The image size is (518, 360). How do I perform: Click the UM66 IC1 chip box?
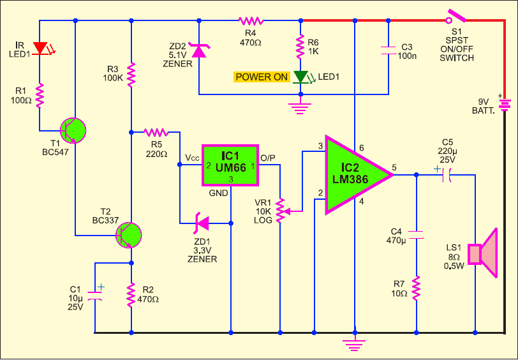pyautogui.click(x=230, y=165)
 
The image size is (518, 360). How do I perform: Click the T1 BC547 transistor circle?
pyautogui.click(x=73, y=131)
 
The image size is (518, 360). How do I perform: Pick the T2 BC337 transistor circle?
pyautogui.click(x=128, y=235)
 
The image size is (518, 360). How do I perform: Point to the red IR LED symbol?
pyautogui.click(x=42, y=49)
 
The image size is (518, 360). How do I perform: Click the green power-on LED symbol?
pyautogui.click(x=302, y=77)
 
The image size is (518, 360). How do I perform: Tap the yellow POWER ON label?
pyautogui.click(x=262, y=77)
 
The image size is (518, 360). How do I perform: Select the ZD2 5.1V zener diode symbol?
pyautogui.click(x=199, y=50)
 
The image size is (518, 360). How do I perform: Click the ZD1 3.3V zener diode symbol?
pyautogui.click(x=202, y=223)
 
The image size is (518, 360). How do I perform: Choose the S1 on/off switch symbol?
pyautogui.click(x=455, y=17)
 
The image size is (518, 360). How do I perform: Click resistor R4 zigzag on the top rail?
pyautogui.click(x=251, y=21)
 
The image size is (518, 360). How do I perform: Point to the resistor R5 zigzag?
pyautogui.click(x=156, y=132)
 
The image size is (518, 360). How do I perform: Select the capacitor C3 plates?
pyautogui.click(x=388, y=50)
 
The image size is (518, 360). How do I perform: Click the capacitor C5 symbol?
pyautogui.click(x=446, y=174)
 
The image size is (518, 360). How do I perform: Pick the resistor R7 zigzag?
pyautogui.click(x=416, y=288)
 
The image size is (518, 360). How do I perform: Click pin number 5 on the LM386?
pyautogui.click(x=394, y=167)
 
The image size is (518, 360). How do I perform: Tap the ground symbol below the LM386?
pyautogui.click(x=355, y=343)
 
